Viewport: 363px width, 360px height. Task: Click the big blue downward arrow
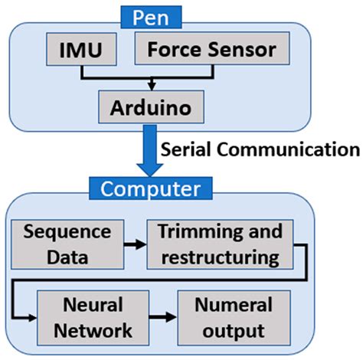140,153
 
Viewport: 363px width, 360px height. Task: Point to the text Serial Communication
258,148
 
